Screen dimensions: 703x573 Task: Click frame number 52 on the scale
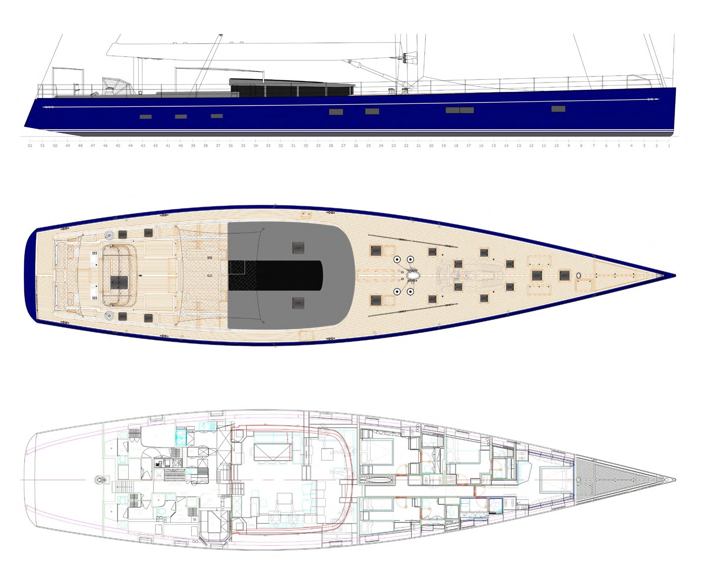[30, 146]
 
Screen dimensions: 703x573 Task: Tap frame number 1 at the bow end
[669, 146]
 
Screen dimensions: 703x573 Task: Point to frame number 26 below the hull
[356, 146]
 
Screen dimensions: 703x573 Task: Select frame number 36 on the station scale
[230, 146]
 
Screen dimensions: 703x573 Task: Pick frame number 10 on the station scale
[556, 146]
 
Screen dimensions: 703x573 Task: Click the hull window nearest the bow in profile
[558, 109]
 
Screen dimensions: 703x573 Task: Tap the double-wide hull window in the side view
[459, 110]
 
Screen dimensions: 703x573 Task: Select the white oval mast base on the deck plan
[413, 275]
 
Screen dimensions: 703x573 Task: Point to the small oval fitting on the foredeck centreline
[579, 276]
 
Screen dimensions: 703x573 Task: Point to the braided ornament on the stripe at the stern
[48, 107]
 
